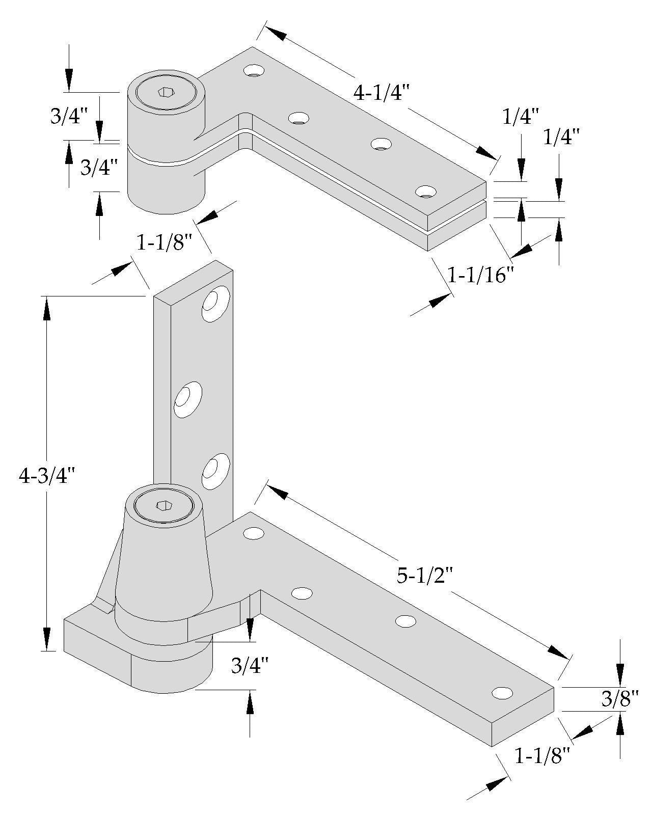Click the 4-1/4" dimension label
click(382, 94)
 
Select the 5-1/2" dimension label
click(424, 576)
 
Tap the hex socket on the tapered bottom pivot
click(164, 505)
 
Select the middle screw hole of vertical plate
click(188, 400)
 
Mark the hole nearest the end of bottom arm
click(502, 693)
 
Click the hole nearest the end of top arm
click(426, 192)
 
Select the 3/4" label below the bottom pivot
click(250, 665)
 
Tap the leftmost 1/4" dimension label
click(520, 117)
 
